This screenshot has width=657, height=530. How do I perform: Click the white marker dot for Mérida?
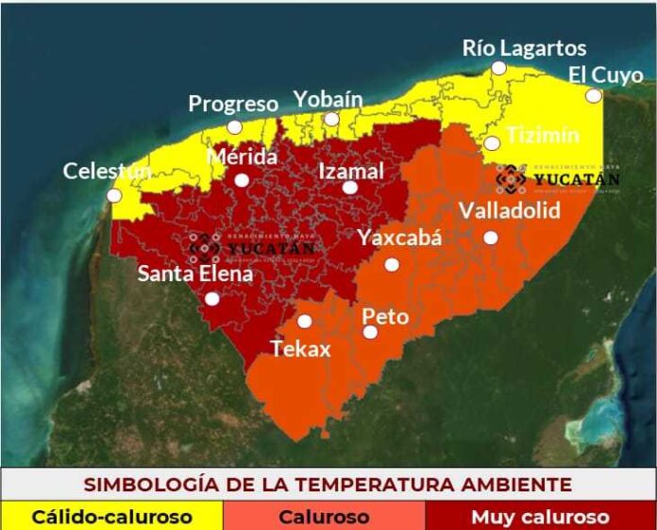(x=242, y=180)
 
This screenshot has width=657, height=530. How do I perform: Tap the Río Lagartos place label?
(x=524, y=48)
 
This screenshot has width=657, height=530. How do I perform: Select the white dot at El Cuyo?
(x=593, y=95)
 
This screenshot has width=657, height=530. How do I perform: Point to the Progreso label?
(x=233, y=104)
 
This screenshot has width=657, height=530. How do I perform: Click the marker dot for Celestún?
(x=114, y=195)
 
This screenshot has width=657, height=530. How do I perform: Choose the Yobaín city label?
(x=328, y=99)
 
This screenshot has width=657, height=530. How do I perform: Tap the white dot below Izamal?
(x=349, y=188)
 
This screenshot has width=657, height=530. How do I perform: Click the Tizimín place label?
(x=540, y=135)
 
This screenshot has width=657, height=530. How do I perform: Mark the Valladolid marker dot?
(x=490, y=238)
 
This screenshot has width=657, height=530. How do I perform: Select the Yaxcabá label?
(x=399, y=238)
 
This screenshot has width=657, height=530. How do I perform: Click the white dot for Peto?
(x=370, y=332)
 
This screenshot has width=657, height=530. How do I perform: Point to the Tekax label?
(x=301, y=349)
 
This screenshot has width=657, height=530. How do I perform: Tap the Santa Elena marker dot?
(x=212, y=299)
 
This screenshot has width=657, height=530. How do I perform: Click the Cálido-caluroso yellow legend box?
(x=111, y=517)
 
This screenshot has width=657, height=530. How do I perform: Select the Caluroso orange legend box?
(x=324, y=517)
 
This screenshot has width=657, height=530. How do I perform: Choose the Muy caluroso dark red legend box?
(x=540, y=517)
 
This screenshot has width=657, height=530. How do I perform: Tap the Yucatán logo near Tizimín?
(x=558, y=177)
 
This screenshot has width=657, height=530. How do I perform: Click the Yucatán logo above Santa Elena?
(x=253, y=247)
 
